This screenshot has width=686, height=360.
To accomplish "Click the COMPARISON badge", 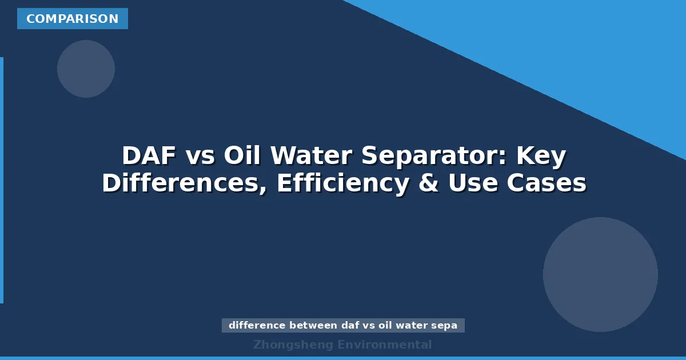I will tap(73, 19).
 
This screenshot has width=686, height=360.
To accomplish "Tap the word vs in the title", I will tap(200, 156).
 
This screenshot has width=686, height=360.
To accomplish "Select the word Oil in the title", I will tap(243, 156).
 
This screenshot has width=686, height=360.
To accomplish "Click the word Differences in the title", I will tap(184, 184).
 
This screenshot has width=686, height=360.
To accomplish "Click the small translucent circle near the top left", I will tap(86, 69).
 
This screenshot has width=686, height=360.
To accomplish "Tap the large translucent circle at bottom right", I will tap(600, 274).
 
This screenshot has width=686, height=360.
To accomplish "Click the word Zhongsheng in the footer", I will tap(293, 345).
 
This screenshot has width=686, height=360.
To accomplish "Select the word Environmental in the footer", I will tap(385, 345).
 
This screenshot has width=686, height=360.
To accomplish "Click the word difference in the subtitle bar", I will tap(257, 326).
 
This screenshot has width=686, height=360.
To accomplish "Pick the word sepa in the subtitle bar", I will tap(446, 326).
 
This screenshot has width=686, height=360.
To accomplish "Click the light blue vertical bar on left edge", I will tap(2, 180).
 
